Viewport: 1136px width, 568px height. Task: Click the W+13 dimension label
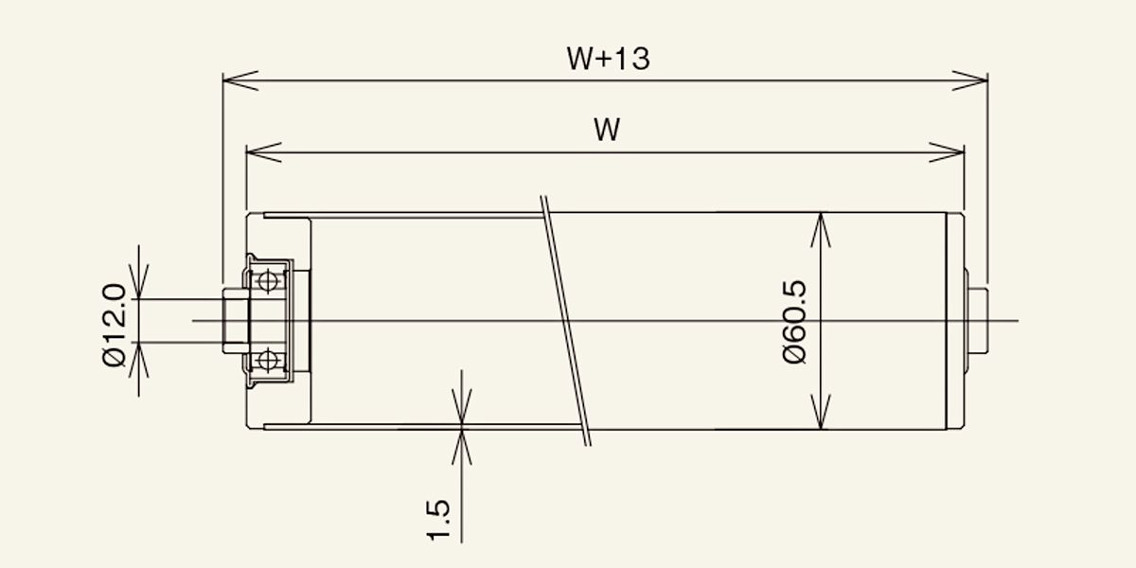tap(608, 59)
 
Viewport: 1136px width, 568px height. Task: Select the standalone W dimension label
tap(607, 130)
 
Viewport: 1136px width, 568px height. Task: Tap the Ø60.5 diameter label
tap(794, 322)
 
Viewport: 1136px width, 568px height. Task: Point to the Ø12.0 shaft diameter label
tap(114, 325)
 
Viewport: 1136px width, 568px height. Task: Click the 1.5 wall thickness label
tap(438, 521)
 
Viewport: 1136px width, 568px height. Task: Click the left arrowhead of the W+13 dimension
tap(240, 80)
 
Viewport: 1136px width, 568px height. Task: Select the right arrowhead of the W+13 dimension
tap(969, 80)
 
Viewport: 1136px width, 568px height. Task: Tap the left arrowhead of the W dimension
tap(264, 152)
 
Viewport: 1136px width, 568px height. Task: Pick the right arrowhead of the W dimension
tap(947, 152)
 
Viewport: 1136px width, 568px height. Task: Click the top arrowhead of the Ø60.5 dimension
tap(821, 230)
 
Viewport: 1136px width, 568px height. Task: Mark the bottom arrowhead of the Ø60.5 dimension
tap(821, 412)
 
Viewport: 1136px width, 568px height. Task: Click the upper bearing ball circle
tap(267, 280)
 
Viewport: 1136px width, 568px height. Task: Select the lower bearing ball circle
tap(267, 361)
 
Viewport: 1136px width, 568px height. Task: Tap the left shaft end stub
tap(236, 321)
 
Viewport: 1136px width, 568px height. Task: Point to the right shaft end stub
tap(978, 321)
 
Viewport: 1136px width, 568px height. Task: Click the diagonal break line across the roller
tap(566, 321)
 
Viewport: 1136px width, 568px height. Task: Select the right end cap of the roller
tap(955, 321)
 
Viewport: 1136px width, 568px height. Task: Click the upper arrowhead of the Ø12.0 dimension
tap(139, 282)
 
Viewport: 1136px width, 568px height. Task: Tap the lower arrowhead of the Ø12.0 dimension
tap(139, 360)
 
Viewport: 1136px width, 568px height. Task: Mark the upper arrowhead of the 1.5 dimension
tap(462, 406)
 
